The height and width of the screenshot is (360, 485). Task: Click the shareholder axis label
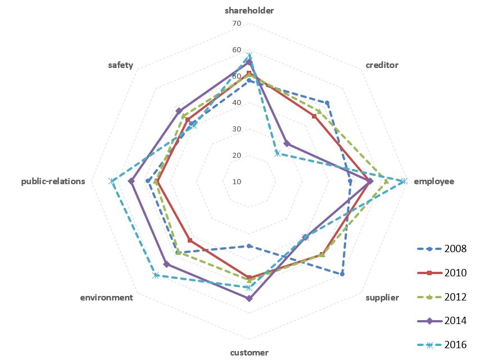[250, 11]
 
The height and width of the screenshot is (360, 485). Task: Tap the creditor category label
[382, 65]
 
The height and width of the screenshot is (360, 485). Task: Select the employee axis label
[433, 181]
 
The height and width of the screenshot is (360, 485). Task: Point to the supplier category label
[382, 297]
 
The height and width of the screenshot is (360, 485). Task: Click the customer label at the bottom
[250, 353]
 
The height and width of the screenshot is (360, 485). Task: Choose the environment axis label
[107, 297]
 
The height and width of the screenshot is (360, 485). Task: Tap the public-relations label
[53, 181]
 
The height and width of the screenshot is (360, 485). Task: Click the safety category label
[121, 65]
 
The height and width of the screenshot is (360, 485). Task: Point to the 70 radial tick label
[236, 24]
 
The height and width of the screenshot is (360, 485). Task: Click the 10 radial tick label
[236, 181]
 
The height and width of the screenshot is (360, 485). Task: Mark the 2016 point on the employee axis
[404, 181]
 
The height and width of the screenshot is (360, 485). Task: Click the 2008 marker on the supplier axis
[342, 274]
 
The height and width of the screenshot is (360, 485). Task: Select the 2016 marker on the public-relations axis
[111, 181]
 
